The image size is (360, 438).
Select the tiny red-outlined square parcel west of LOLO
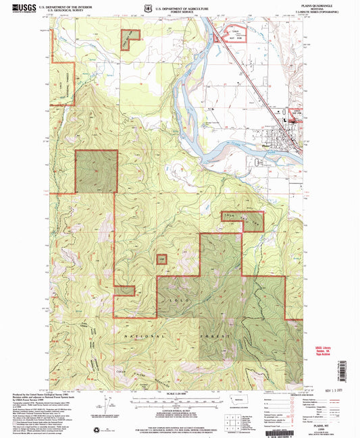click(162, 258)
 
